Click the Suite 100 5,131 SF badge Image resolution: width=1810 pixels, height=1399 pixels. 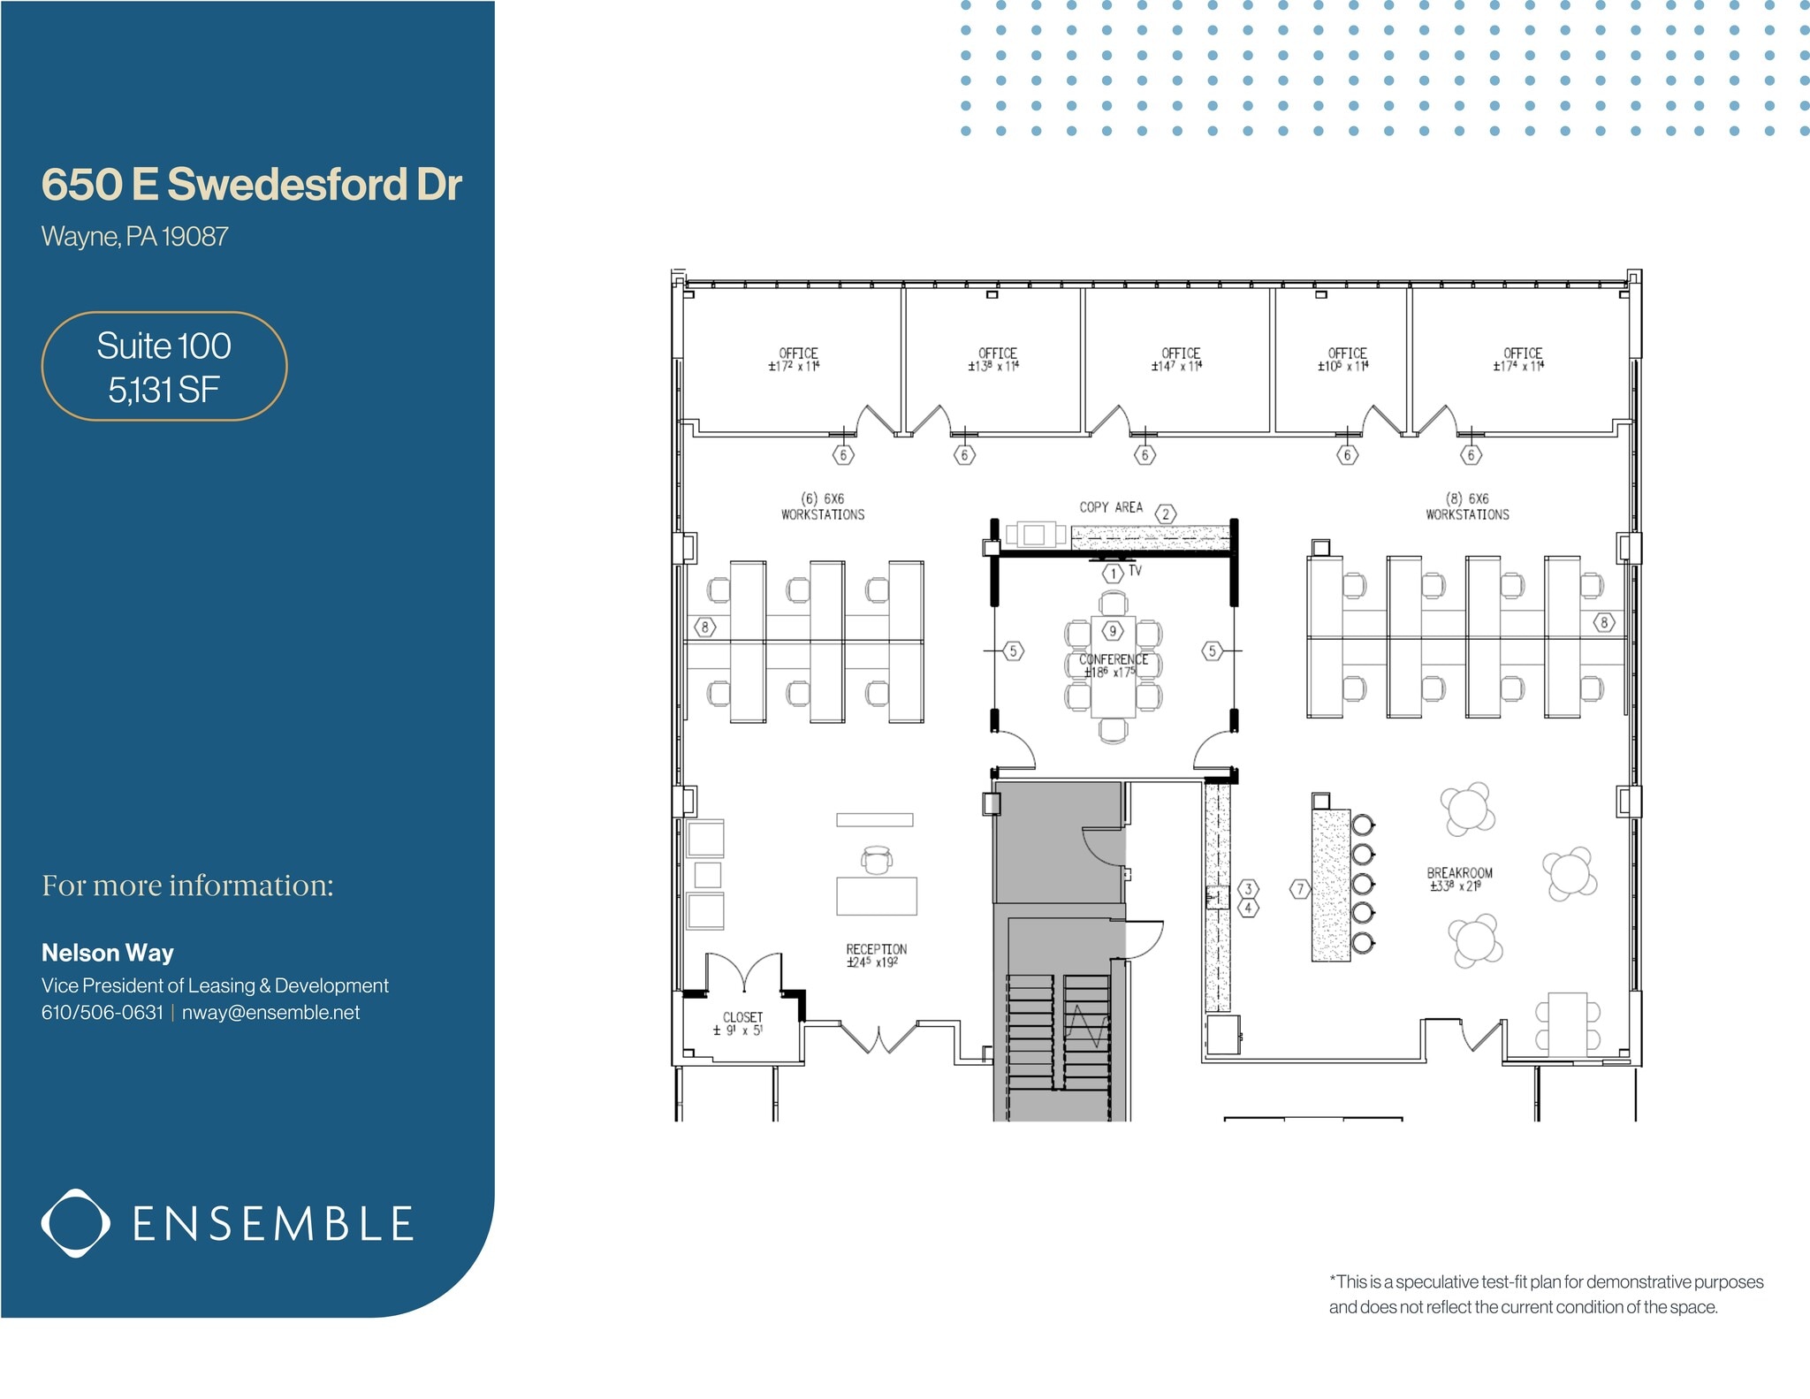point(164,366)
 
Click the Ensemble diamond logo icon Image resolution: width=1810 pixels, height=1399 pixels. point(76,1223)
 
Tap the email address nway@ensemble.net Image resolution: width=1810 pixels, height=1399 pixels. point(270,1013)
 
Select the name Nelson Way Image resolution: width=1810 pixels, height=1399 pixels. point(108,953)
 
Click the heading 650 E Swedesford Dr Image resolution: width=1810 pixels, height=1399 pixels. point(252,185)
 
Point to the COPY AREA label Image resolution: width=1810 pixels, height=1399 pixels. point(1111,507)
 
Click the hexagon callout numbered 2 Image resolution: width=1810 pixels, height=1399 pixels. point(1166,514)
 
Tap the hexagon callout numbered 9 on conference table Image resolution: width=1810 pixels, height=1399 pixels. point(1113,631)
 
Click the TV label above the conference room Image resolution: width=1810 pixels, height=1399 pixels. point(1135,571)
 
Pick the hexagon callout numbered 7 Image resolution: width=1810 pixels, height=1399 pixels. point(1299,889)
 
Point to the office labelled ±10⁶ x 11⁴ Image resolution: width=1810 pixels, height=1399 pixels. point(1347,359)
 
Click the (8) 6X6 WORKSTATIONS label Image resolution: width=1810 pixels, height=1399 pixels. point(1467,506)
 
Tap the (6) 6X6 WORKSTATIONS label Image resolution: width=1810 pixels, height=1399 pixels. point(823,506)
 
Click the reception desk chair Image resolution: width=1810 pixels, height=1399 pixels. point(877,860)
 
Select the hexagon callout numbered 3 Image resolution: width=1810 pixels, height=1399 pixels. point(1248,888)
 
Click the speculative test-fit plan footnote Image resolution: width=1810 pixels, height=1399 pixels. point(1546,1294)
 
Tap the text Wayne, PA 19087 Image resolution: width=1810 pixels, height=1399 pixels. point(135,237)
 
